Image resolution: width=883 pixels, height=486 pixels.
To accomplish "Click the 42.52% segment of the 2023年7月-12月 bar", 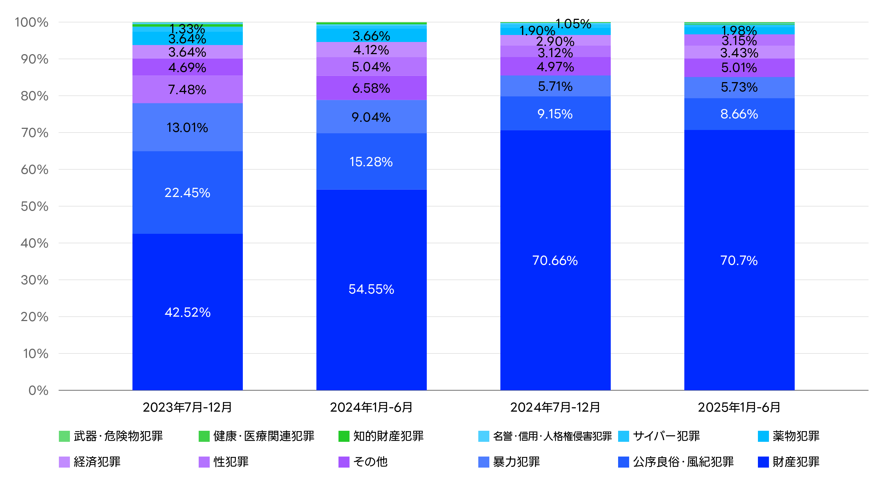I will pos(187,312).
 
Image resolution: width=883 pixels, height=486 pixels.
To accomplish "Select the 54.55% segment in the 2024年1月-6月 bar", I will pos(371,289).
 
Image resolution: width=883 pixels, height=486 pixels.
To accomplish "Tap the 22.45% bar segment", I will pos(187,193).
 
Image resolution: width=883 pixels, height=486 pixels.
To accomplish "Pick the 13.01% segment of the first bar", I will pos(187,127).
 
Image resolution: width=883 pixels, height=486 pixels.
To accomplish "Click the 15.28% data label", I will pos(371,162).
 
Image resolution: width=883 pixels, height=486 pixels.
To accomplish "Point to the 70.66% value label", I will pos(555,261).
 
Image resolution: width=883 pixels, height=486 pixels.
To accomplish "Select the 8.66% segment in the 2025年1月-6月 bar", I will pos(739,114).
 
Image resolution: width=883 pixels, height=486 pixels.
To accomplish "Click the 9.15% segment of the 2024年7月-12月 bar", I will pos(555,114).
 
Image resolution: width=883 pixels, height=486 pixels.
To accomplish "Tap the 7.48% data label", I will pos(187,90).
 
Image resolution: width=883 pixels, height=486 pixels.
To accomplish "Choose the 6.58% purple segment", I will pos(371,88).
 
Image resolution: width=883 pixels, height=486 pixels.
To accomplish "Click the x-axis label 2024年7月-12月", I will pos(555,407).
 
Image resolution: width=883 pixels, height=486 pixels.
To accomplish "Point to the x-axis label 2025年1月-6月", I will pos(739,407).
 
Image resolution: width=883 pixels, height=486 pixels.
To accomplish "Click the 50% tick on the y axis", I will pos(35,207).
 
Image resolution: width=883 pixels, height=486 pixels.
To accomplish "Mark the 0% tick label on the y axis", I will pos(38,391).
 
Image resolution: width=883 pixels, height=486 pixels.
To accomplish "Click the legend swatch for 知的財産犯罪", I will pos(344,436).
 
